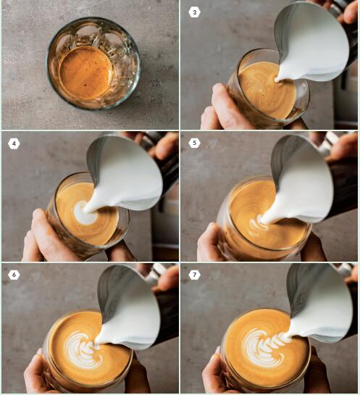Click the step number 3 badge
click(194, 12)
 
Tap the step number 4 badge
click(14, 144)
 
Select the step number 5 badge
click(194, 143)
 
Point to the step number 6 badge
click(14, 275)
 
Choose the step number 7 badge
click(194, 275)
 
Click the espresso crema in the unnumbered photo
click(85, 72)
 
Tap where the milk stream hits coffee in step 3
click(277, 80)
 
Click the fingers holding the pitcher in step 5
click(343, 147)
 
